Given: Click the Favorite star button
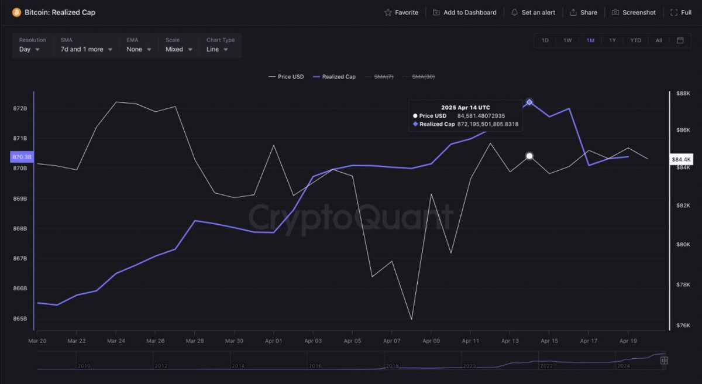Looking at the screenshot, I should pyautogui.click(x=401, y=12).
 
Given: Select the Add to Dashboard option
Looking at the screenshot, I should pyautogui.click(x=464, y=12).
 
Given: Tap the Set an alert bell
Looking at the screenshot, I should pyautogui.click(x=533, y=12).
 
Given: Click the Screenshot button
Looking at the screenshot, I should pyautogui.click(x=634, y=12).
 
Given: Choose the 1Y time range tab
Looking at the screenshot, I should pyautogui.click(x=612, y=40).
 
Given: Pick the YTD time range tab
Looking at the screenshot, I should pyautogui.click(x=636, y=40).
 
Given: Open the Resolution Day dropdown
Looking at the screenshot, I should pyautogui.click(x=30, y=49).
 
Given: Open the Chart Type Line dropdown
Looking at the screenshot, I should pyautogui.click(x=218, y=49).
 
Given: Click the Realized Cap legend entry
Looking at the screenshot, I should pyautogui.click(x=334, y=77).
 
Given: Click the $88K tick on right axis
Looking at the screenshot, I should pyautogui.click(x=683, y=93).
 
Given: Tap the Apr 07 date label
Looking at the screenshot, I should pyautogui.click(x=391, y=340).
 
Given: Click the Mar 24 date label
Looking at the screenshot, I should pyautogui.click(x=116, y=340).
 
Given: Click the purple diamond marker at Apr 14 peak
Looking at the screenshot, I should pyautogui.click(x=529, y=102).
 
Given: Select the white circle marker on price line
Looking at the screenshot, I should pyautogui.click(x=529, y=156).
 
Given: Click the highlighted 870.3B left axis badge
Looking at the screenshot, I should pyautogui.click(x=22, y=157).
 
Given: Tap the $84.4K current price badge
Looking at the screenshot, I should pyautogui.click(x=681, y=159).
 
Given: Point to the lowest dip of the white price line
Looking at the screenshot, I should pyautogui.click(x=411, y=319).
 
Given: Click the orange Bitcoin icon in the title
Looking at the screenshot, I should pyautogui.click(x=16, y=12).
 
